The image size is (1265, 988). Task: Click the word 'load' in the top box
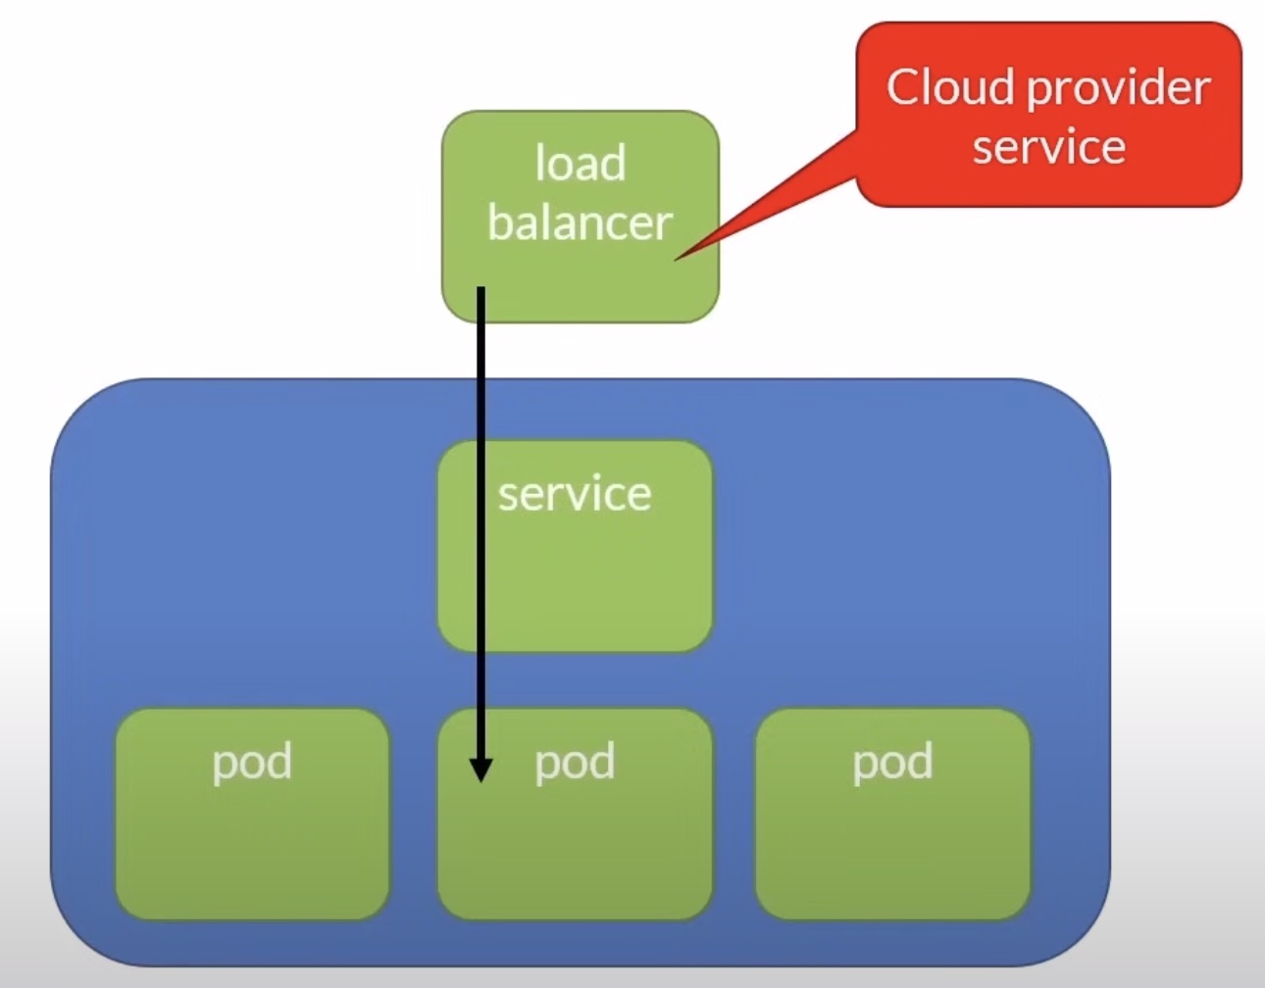[x=580, y=164]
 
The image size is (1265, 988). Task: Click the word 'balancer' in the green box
[x=580, y=222]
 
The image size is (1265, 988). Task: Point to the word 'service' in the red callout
[x=1048, y=147]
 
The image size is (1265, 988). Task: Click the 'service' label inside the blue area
[x=575, y=494]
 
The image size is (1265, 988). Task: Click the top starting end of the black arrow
[x=481, y=291]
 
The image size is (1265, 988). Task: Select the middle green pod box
[x=588, y=853]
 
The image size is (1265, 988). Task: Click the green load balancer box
[x=608, y=284]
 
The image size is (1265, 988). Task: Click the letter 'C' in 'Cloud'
[x=904, y=87]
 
